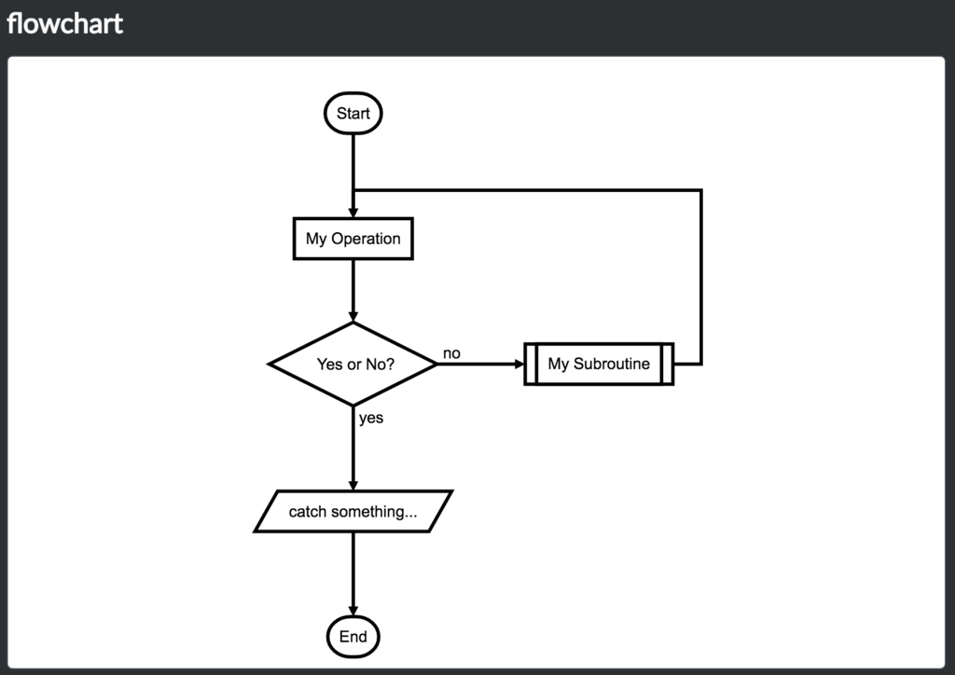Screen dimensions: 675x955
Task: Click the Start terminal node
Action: (x=353, y=114)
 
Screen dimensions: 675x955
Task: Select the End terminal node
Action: (x=353, y=638)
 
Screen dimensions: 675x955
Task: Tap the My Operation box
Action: (x=353, y=239)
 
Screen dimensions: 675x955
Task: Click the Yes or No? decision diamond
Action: (x=353, y=365)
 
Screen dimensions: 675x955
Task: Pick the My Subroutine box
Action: (x=598, y=364)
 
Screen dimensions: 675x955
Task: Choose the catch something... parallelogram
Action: (x=353, y=512)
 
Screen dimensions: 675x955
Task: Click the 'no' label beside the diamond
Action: (x=451, y=353)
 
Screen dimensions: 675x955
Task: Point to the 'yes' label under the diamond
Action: (x=371, y=418)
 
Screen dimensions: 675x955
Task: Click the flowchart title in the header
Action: (x=64, y=23)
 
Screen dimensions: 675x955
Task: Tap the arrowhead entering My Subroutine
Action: (x=519, y=364)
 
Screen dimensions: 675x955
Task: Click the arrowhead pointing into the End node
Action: (x=353, y=611)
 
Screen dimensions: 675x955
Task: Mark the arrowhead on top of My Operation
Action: (x=353, y=213)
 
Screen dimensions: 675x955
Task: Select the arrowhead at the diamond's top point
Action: (x=353, y=316)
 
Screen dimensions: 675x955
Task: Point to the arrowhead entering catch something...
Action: (x=353, y=484)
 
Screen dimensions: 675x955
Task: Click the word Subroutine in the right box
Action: (x=612, y=364)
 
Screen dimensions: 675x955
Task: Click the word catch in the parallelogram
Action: (x=307, y=512)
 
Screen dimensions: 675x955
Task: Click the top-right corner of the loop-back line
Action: (x=700, y=190)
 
